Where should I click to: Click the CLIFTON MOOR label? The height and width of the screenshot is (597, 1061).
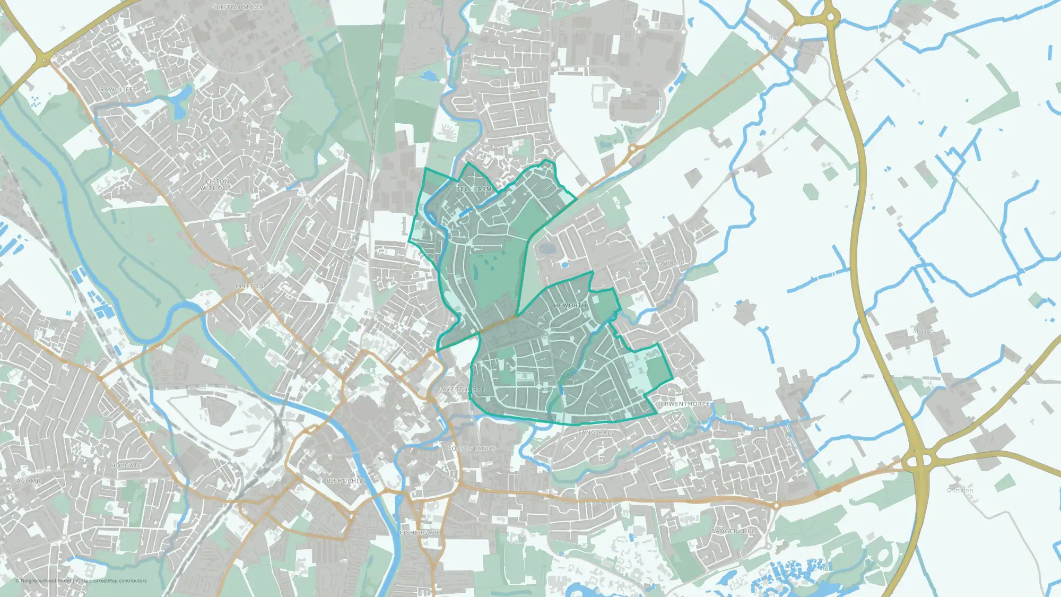tap(237, 7)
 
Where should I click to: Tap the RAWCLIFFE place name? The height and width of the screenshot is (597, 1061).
tap(118, 90)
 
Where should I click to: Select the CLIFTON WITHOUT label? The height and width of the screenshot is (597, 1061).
tap(215, 185)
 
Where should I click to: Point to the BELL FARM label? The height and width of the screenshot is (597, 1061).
tap(474, 189)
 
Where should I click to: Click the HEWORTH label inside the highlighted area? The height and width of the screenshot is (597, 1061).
tap(570, 306)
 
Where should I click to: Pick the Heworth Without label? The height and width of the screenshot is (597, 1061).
tap(659, 263)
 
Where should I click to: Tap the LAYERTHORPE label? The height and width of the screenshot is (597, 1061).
tap(462, 390)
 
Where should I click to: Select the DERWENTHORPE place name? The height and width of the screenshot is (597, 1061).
tap(682, 404)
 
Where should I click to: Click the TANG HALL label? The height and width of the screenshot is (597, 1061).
tap(596, 433)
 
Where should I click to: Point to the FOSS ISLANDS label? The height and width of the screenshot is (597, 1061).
tap(471, 449)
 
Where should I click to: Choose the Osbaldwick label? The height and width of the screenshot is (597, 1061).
tap(752, 442)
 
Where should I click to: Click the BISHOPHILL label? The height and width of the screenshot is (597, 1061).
tap(346, 481)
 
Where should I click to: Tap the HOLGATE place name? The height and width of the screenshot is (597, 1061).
tap(126, 466)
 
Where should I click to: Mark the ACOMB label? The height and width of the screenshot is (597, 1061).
tap(29, 481)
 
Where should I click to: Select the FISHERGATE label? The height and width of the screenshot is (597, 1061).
tap(420, 532)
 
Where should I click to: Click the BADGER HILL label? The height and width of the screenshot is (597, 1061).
tap(733, 531)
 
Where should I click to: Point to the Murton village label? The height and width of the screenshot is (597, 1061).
tap(923, 331)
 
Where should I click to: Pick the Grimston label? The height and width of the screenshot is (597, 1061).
tap(960, 490)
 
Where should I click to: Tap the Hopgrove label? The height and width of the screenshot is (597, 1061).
tap(782, 38)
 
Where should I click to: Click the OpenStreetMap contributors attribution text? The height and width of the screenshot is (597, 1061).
tap(114, 581)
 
